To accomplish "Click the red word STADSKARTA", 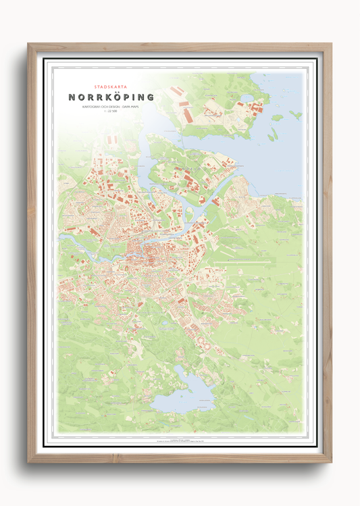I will pyautogui.click(x=111, y=87).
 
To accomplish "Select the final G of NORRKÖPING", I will pyautogui.click(x=150, y=97).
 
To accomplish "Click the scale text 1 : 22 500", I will pyautogui.click(x=111, y=113).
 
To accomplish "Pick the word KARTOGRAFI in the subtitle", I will pyautogui.click(x=90, y=107).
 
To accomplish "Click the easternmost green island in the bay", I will pyautogui.click(x=295, y=114).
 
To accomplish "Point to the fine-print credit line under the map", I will pyautogui.click(x=180, y=440).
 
